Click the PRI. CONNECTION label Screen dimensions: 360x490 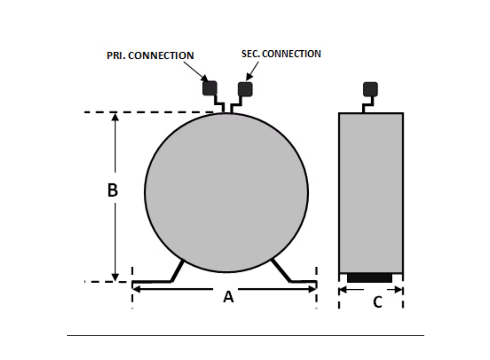point(150,56)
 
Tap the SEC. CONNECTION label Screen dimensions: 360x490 point(281,54)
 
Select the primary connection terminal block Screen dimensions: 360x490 point(210,87)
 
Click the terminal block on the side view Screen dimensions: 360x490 point(370,89)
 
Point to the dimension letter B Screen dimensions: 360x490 point(112,191)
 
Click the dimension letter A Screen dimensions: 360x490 point(228,297)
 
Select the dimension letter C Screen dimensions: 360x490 point(378,302)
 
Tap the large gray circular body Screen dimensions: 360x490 point(226,193)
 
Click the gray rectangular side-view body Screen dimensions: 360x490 point(371,193)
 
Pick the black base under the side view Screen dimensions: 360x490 point(370,278)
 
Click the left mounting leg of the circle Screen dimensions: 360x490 point(177,272)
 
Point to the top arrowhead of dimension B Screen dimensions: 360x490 point(115,117)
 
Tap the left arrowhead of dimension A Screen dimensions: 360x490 point(136,289)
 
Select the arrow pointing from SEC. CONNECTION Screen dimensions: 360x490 point(254,70)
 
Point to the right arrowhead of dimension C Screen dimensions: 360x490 point(399,290)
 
